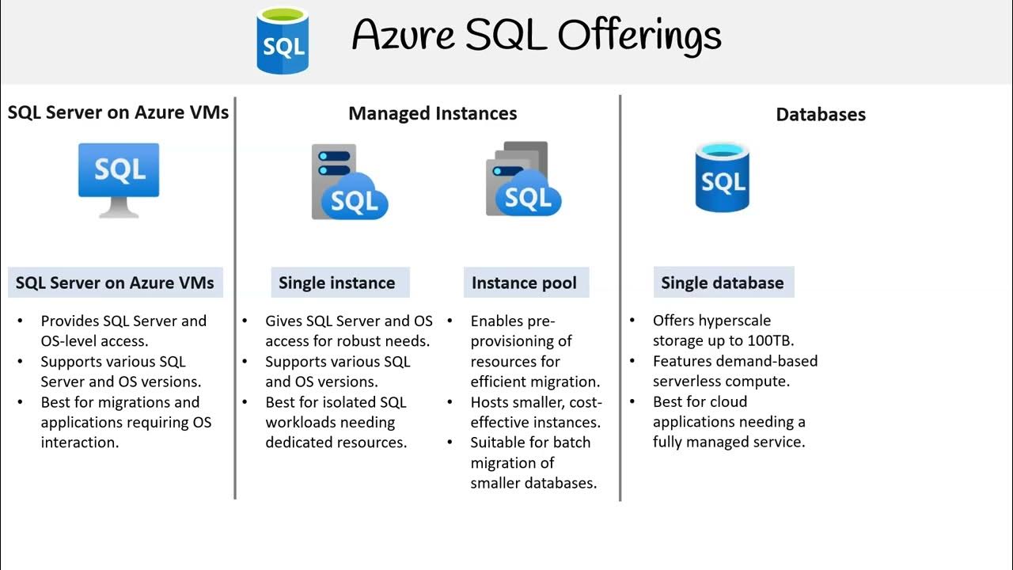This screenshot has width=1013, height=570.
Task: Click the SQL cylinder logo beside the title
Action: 283,40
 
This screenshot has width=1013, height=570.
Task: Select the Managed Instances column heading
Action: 432,113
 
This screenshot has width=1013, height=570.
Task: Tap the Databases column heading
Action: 820,114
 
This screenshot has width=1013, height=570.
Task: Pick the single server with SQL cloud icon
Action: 348,182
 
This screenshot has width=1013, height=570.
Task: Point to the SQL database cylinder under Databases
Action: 722,177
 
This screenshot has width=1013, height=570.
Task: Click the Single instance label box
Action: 336,283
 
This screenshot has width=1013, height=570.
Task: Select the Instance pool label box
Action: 524,283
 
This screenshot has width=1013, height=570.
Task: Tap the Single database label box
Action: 722,283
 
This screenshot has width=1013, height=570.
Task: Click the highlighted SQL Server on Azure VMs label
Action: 115,283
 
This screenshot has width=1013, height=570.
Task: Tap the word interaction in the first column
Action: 79,443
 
